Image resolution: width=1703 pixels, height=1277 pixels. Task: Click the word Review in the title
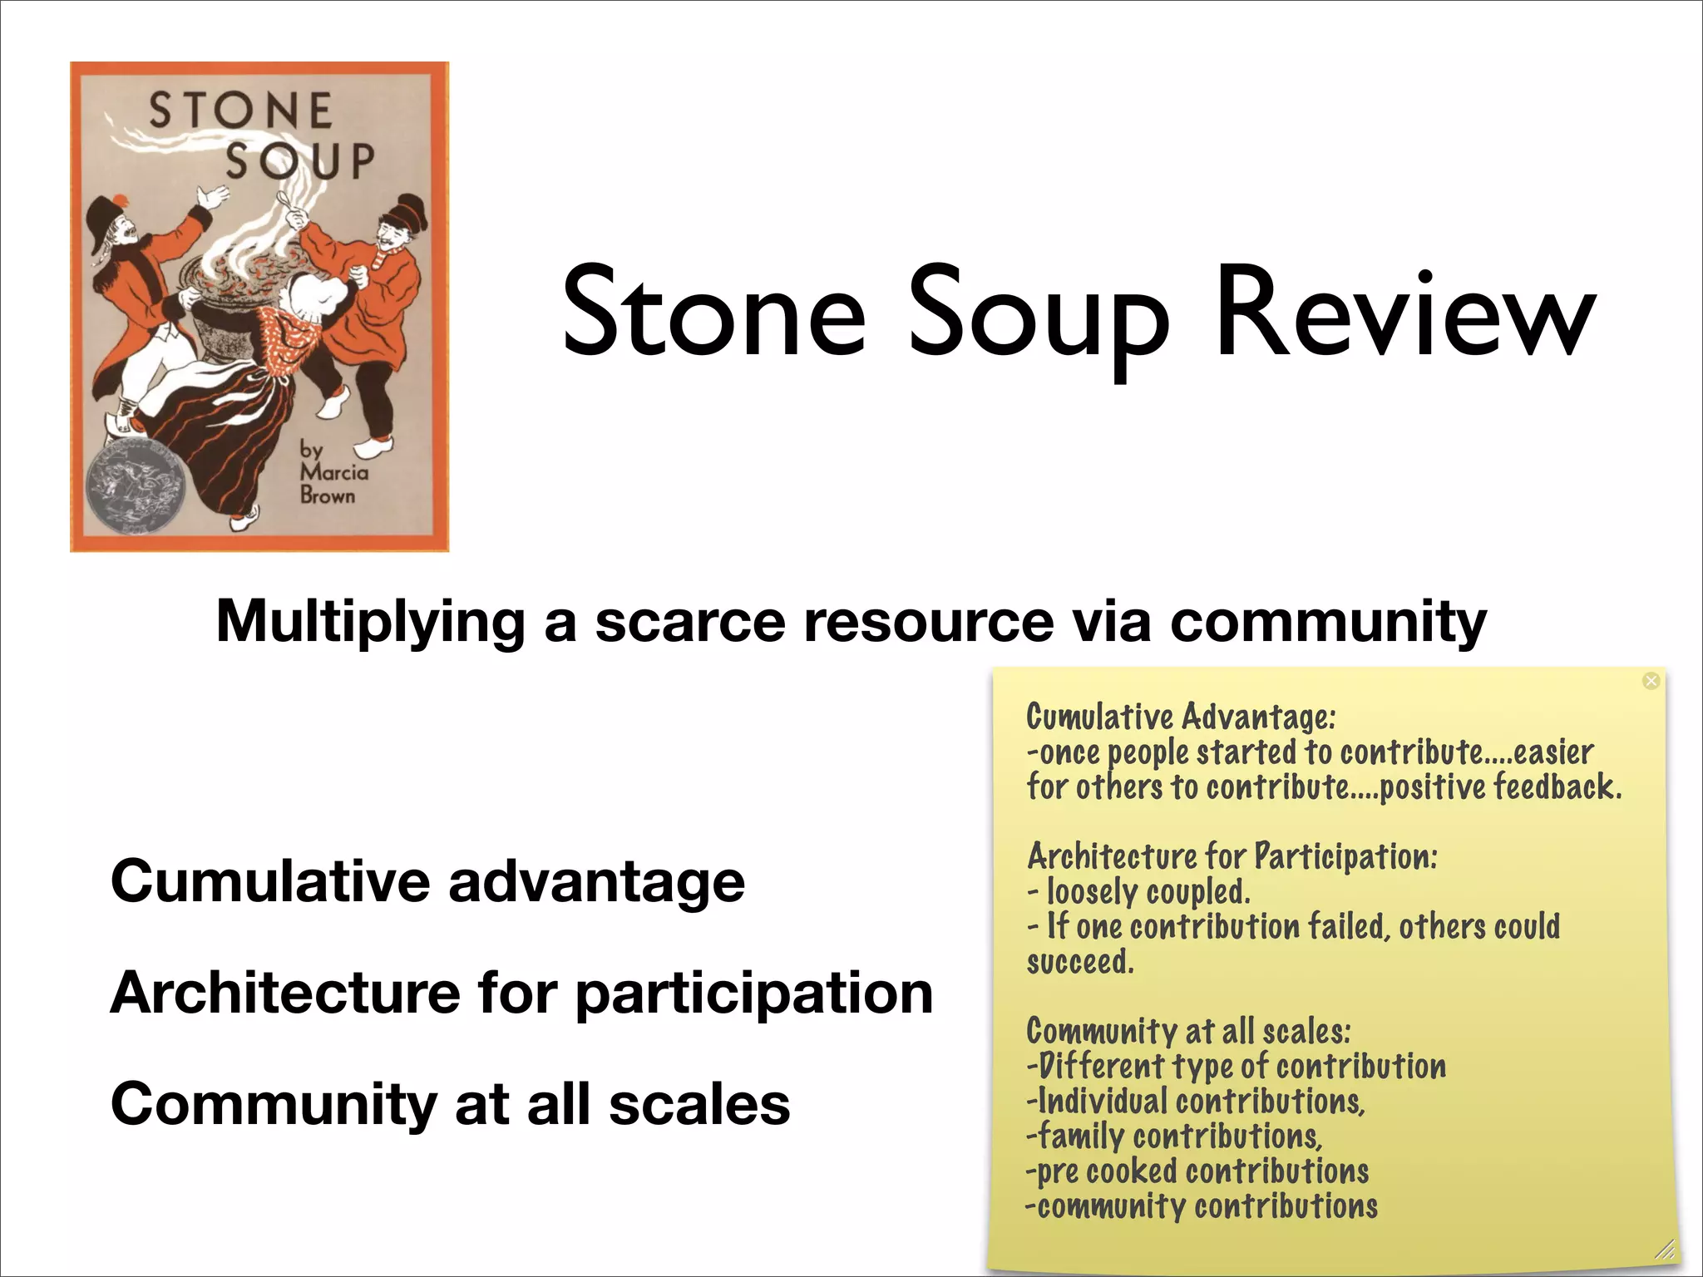coord(1404,312)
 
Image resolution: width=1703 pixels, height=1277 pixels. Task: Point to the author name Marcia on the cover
coord(333,472)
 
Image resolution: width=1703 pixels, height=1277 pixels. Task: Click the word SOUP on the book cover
coord(300,160)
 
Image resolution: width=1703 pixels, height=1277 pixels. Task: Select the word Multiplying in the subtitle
coord(370,622)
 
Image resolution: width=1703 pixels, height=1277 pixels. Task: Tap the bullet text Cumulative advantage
coord(427,881)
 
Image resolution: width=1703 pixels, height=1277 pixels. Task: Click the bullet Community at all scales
coord(450,1104)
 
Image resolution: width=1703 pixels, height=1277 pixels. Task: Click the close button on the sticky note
coord(1651,681)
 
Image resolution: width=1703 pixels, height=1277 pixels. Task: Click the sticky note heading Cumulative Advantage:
coord(1181,716)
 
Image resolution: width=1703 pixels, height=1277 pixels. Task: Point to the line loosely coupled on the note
coord(1148,892)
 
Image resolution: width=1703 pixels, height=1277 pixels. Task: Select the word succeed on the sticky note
coord(1079,962)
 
